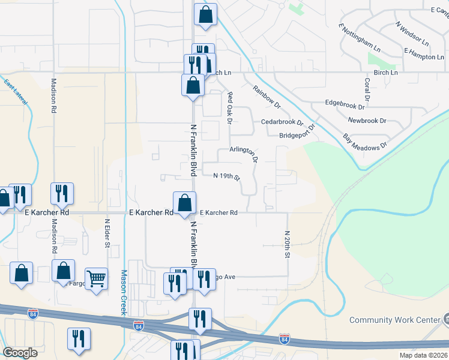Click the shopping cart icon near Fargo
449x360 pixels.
click(96, 280)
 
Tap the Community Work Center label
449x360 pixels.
click(394, 320)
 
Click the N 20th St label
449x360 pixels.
click(288, 244)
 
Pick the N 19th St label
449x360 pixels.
click(227, 176)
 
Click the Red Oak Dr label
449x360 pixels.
click(229, 108)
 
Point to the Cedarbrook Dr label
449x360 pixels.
click(282, 122)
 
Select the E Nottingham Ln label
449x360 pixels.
click(360, 38)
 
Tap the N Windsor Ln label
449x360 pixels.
click(412, 34)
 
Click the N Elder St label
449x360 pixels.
click(107, 232)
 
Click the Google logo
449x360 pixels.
click(20, 353)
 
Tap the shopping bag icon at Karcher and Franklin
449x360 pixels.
click(185, 203)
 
